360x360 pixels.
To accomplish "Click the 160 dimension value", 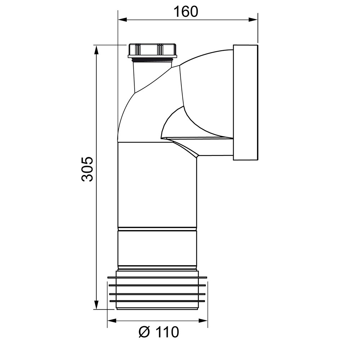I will point(186,12).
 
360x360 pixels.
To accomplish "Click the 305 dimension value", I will point(87,169).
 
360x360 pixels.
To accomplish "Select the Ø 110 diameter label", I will point(158,332).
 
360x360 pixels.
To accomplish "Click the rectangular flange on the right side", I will point(246,103).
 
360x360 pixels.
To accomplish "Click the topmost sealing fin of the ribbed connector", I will point(157,278).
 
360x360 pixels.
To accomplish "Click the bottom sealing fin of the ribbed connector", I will point(157,301).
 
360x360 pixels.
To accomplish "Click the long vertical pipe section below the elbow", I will point(157,185).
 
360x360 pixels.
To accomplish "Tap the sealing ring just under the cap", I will point(153,59).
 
